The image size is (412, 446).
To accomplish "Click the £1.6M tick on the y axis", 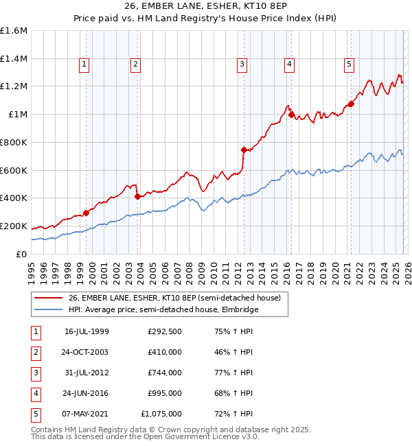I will point(14,31).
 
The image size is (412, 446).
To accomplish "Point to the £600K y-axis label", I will point(14,170).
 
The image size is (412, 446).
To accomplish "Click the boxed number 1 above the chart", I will point(84,64).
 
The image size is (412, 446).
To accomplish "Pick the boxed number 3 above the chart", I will point(242,64).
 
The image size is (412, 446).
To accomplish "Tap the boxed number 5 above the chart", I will point(349,64).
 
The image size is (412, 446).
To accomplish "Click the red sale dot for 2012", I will point(244,149).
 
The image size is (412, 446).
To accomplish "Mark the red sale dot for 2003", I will point(138,196).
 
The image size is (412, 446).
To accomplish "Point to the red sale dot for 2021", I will point(351,104).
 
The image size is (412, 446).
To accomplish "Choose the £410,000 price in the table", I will point(165,352).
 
